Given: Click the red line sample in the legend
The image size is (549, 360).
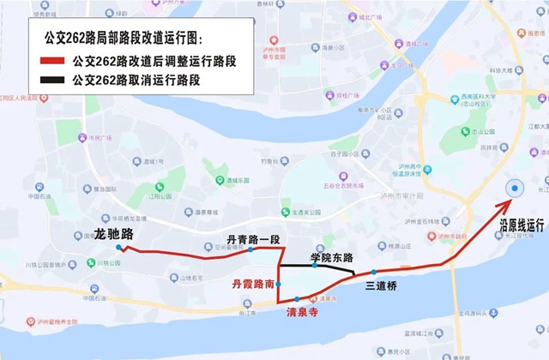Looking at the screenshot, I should pyautogui.click(x=53, y=63).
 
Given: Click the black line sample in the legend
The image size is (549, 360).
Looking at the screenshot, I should pyautogui.click(x=53, y=81).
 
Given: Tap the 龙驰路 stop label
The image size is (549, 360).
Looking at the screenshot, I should pyautogui.click(x=113, y=233).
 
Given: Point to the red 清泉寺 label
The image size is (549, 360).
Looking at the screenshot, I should pyautogui.click(x=302, y=313).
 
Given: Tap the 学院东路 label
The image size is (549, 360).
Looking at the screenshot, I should pyautogui.click(x=332, y=256).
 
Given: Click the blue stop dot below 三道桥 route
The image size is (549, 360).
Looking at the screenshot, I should pyautogui.click(x=374, y=272).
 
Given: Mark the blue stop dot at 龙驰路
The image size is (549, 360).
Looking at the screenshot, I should pyautogui.click(x=118, y=248).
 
